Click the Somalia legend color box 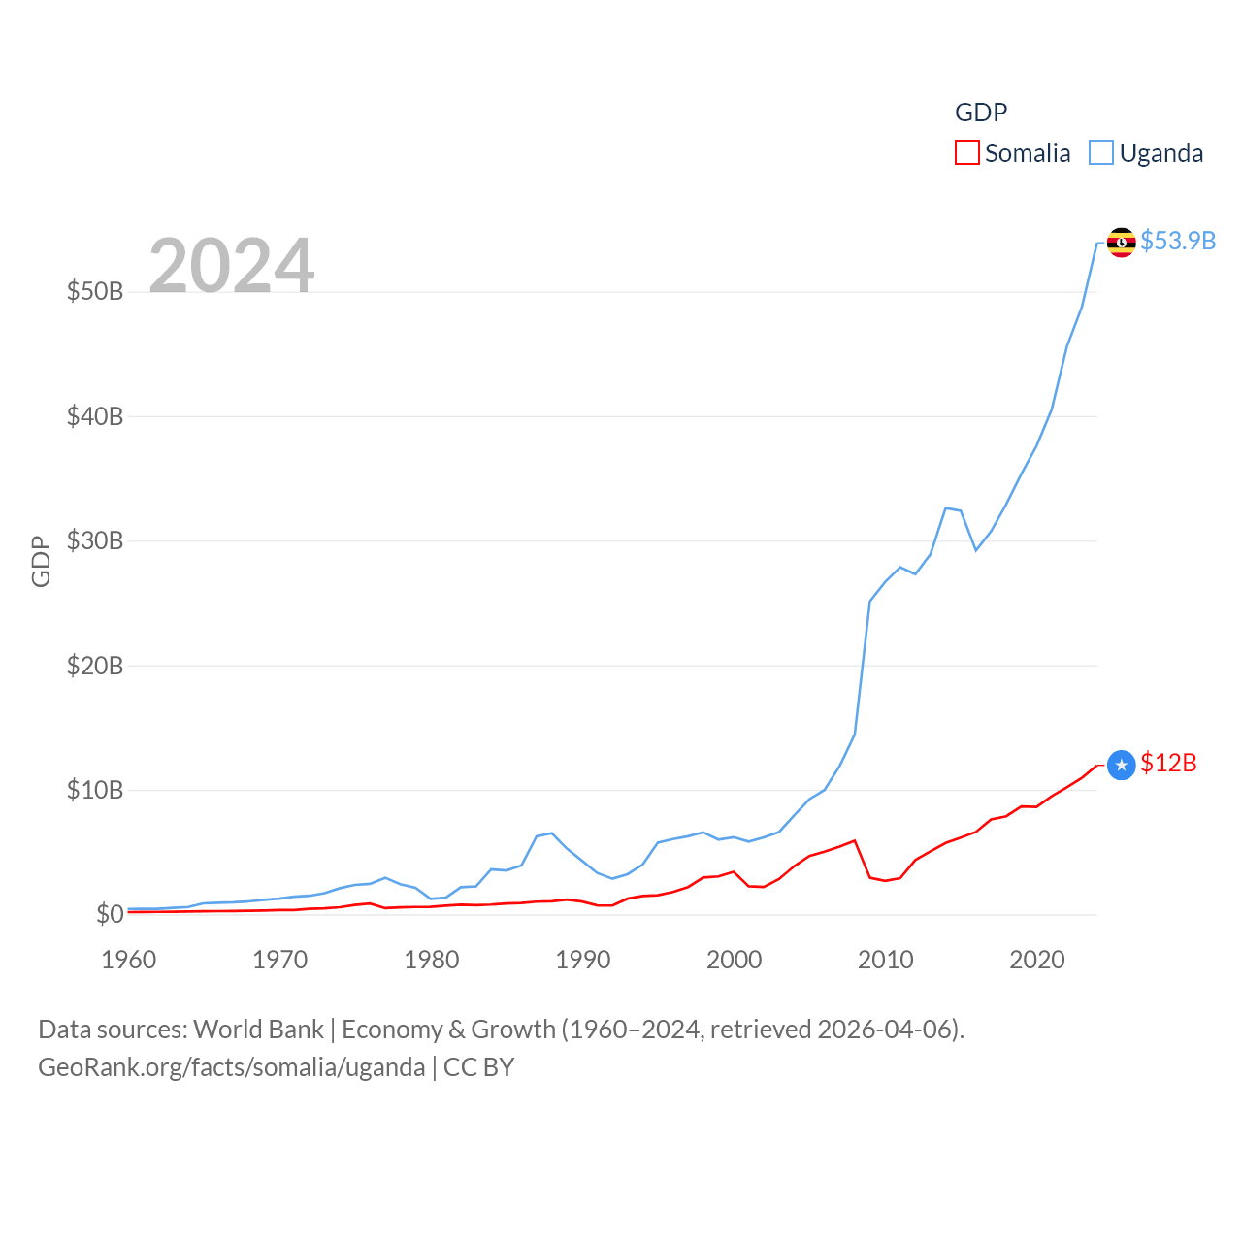(967, 153)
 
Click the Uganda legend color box (1101, 153)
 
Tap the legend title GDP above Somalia (981, 113)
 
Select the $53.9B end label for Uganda (1178, 241)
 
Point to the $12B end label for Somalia (1168, 764)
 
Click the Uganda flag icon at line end (1122, 243)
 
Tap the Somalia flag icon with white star (1122, 766)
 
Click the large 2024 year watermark (232, 265)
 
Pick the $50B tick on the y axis (95, 291)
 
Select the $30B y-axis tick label (95, 540)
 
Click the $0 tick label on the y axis (110, 914)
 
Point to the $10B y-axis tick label (95, 790)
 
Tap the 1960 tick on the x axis (129, 960)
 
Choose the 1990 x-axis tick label (583, 960)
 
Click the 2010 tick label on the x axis (886, 960)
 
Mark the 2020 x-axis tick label (1037, 960)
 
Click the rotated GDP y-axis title (41, 561)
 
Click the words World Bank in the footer (259, 1030)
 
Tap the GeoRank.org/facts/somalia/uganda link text (232, 1067)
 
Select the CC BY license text (479, 1067)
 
